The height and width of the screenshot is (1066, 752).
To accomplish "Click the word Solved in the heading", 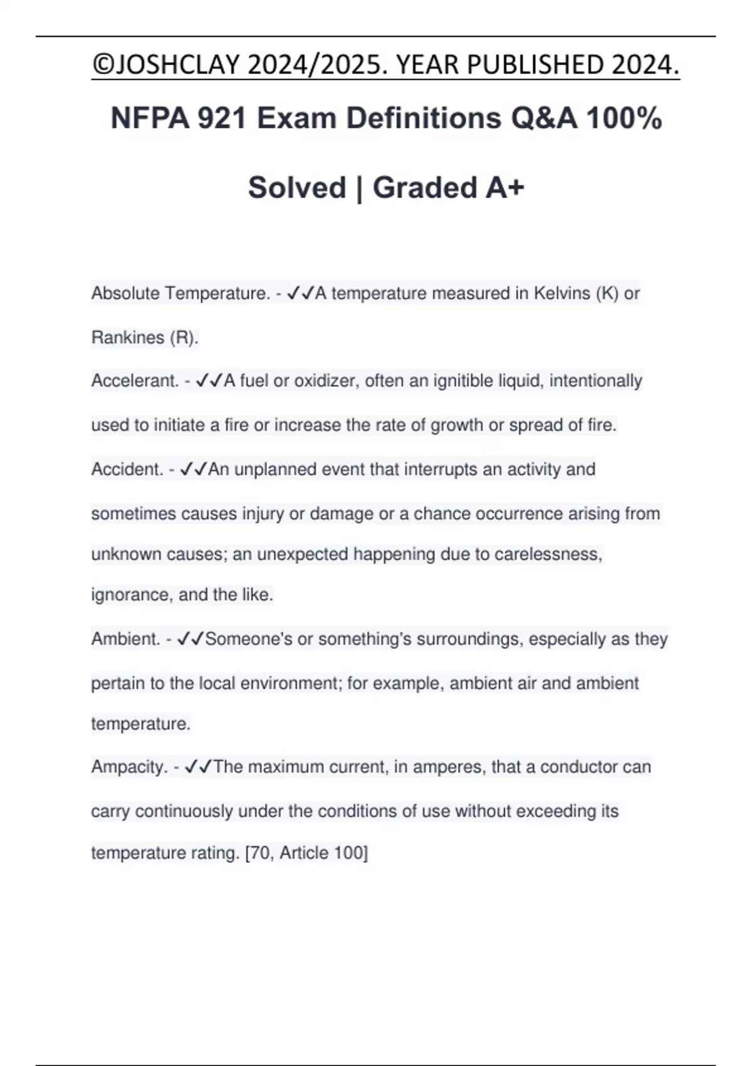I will pyautogui.click(x=297, y=187).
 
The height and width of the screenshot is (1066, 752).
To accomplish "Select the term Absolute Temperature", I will pyautogui.click(x=180, y=293).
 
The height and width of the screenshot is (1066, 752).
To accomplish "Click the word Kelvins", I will pyautogui.click(x=561, y=293).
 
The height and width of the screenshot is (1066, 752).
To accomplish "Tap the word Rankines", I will pyautogui.click(x=128, y=338).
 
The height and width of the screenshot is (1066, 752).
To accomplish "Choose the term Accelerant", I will pyautogui.click(x=135, y=381).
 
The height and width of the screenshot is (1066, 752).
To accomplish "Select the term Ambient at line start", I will pyautogui.click(x=125, y=639).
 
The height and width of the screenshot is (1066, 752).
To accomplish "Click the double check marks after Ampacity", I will pyautogui.click(x=199, y=767).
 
